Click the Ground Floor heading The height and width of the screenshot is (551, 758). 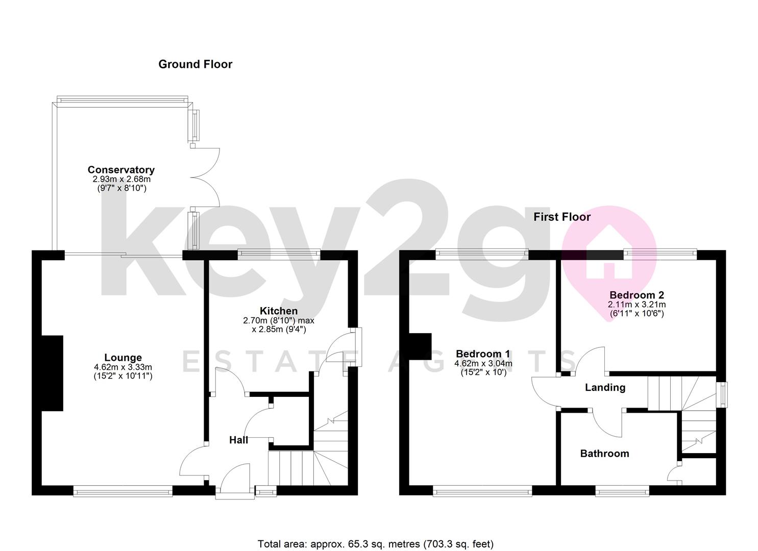pyautogui.click(x=195, y=64)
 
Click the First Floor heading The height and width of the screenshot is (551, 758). pyautogui.click(x=562, y=217)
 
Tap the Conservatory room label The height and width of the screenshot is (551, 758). pyautogui.click(x=121, y=170)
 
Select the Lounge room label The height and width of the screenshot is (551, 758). pyautogui.click(x=123, y=358)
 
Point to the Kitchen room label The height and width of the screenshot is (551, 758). pyautogui.click(x=279, y=311)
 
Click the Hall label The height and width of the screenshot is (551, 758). pyautogui.click(x=238, y=440)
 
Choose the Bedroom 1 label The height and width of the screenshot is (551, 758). pyautogui.click(x=483, y=354)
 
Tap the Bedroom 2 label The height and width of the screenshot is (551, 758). pyautogui.click(x=637, y=295)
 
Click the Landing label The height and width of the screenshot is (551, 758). pyautogui.click(x=605, y=388)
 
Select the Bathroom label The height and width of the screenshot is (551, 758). pyautogui.click(x=604, y=454)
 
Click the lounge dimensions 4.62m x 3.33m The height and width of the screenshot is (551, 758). pyautogui.click(x=123, y=367)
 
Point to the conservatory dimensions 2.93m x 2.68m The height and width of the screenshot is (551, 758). pyautogui.click(x=121, y=180)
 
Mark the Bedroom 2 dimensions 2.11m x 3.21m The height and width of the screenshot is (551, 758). pyautogui.click(x=637, y=305)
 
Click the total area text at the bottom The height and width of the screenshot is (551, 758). pyautogui.click(x=376, y=544)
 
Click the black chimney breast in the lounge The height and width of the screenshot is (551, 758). pyautogui.click(x=53, y=373)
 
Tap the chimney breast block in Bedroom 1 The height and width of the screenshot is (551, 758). pyautogui.click(x=421, y=347)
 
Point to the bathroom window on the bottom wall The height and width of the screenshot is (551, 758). pyautogui.click(x=622, y=492)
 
